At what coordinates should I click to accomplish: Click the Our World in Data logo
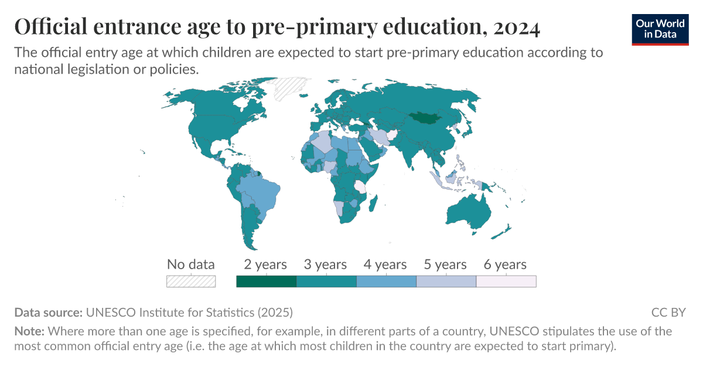[660, 28]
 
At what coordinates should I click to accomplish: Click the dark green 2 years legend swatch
[266, 282]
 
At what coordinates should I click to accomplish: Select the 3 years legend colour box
[326, 282]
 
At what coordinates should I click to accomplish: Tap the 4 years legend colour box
[386, 282]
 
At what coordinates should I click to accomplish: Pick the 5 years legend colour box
[446, 282]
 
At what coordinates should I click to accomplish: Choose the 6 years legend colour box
[506, 282]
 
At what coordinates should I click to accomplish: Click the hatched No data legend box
[191, 282]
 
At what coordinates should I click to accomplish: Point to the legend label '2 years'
[265, 265]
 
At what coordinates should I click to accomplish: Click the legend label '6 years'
[505, 265]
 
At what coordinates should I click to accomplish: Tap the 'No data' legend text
[191, 265]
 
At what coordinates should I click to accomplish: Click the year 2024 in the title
[516, 28]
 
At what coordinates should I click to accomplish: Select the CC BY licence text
[668, 312]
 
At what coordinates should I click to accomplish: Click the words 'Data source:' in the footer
[49, 312]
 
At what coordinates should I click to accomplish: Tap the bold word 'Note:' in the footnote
[29, 331]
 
